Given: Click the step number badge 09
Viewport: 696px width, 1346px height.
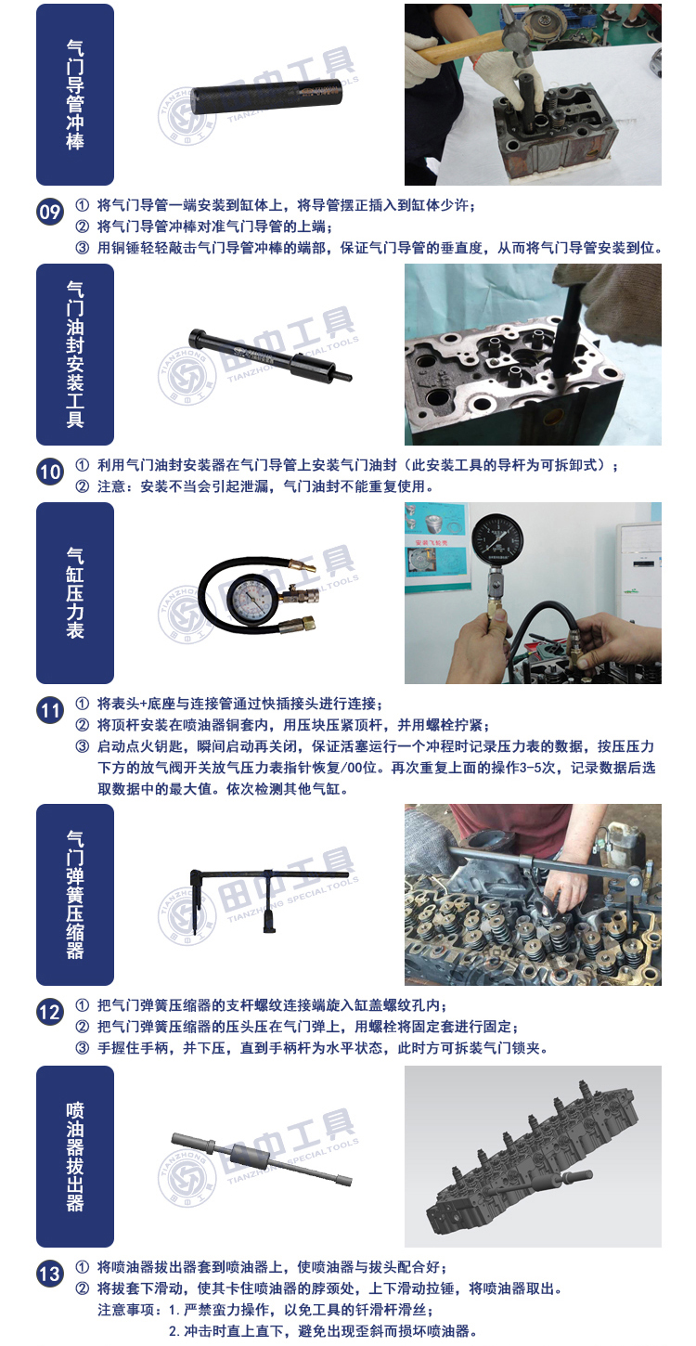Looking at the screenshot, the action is (x=50, y=213).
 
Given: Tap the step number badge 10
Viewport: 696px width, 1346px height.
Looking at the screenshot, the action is (x=50, y=472).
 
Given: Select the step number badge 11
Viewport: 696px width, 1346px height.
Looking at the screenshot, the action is (x=50, y=710).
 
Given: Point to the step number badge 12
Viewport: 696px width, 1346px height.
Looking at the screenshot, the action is (x=50, y=1012).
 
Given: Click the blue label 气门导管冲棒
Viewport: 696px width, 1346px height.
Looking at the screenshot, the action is (x=75, y=95).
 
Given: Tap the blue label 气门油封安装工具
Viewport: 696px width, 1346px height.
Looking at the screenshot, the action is (x=75, y=355).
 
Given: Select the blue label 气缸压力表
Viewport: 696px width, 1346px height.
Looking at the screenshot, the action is (x=75, y=593).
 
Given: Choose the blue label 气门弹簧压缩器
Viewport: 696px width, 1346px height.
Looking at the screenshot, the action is (x=75, y=895).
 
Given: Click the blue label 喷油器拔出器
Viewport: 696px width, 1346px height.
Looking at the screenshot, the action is (x=75, y=1157).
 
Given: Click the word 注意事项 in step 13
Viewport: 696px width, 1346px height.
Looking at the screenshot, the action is (x=126, y=1310).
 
